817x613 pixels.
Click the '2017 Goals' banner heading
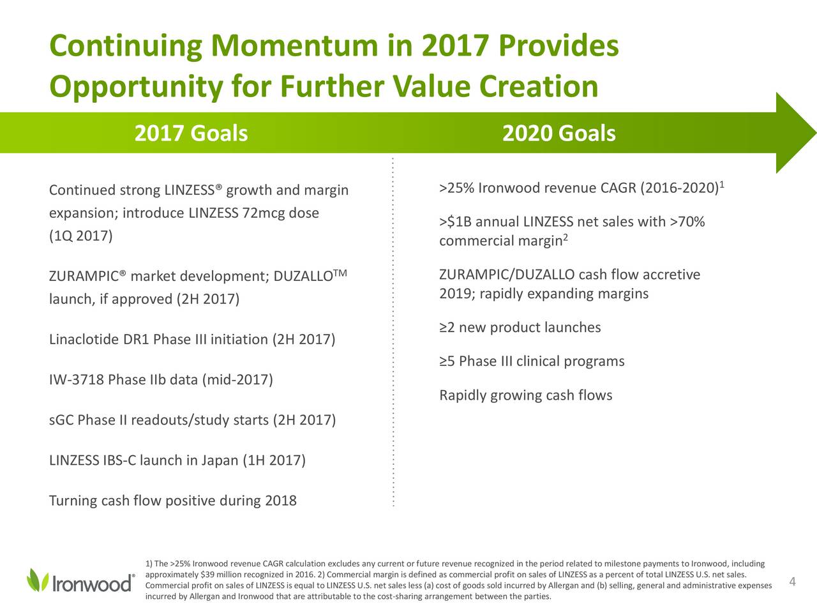(191, 133)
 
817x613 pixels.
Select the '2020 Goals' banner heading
(558, 133)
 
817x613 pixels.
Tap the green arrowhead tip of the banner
(815, 133)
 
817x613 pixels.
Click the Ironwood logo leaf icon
(38, 580)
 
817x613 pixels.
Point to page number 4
(793, 581)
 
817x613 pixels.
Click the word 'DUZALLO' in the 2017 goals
(303, 276)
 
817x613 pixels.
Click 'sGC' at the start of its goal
(61, 420)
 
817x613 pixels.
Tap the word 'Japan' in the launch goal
(220, 461)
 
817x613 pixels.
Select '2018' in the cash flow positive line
(281, 501)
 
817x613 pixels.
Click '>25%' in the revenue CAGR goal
(457, 188)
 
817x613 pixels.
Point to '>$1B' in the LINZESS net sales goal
(456, 222)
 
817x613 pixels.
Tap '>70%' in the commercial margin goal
(687, 222)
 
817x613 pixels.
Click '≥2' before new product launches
(447, 328)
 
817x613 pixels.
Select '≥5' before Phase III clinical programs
(447, 361)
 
